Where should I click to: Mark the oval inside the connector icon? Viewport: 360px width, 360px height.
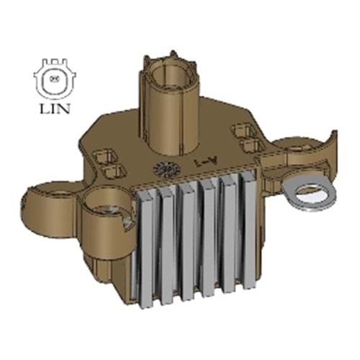click(54, 78)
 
